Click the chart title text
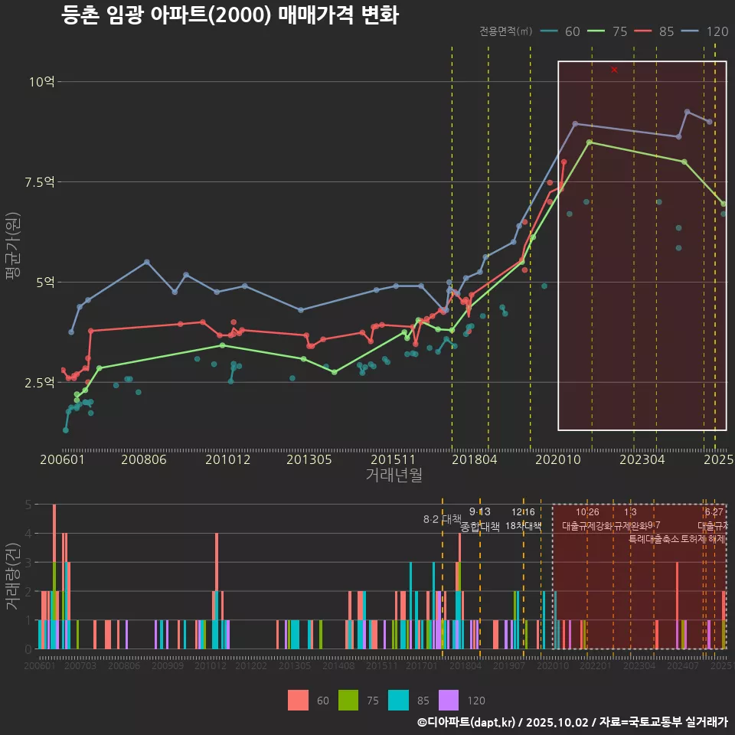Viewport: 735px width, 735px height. coord(230,15)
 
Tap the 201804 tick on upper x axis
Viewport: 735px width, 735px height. coord(475,459)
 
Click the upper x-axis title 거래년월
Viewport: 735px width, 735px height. coord(394,475)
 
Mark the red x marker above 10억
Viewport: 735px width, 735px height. coord(614,70)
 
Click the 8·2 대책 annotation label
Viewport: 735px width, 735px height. coord(436,519)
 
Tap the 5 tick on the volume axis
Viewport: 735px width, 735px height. coord(27,505)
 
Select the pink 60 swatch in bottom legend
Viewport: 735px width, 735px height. coord(299,700)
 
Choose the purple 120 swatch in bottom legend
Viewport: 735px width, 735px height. coord(449,700)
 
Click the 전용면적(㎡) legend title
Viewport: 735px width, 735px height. coord(505,31)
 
